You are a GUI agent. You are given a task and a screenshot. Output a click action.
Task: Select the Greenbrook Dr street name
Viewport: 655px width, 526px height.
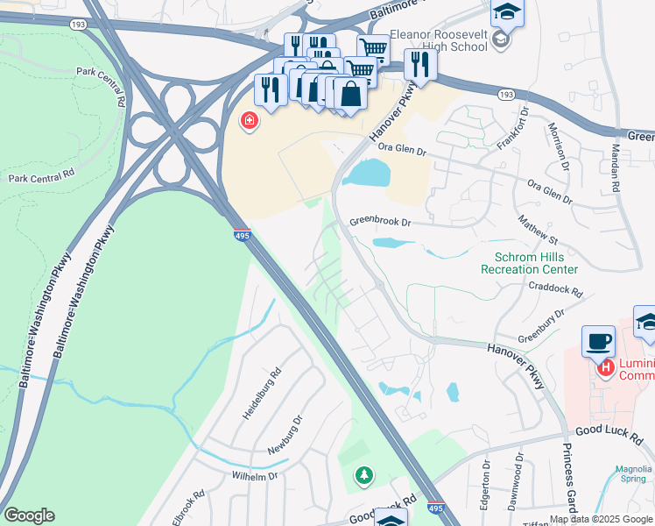point(380,223)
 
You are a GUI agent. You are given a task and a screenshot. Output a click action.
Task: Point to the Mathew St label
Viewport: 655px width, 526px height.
point(538,231)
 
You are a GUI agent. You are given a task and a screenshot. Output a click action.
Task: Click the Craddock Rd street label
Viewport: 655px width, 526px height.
point(555,287)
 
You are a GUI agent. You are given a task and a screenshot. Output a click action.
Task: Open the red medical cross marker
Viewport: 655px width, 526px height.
point(249,121)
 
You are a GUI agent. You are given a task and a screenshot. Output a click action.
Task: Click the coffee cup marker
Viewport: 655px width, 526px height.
point(598,341)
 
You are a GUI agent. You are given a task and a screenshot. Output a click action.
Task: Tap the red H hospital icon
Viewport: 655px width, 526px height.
point(604,368)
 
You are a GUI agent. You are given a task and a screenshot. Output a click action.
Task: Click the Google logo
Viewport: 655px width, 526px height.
point(30,515)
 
